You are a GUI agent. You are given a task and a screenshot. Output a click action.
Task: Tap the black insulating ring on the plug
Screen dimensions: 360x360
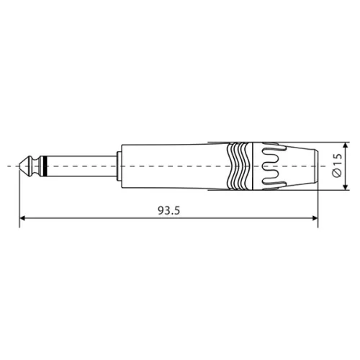(45, 166)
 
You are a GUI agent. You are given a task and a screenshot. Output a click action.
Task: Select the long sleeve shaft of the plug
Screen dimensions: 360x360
(79, 166)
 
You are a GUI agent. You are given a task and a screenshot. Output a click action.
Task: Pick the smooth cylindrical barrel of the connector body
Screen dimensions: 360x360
(173, 166)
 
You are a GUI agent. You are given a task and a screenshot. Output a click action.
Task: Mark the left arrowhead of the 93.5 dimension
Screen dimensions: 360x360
(23, 218)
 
